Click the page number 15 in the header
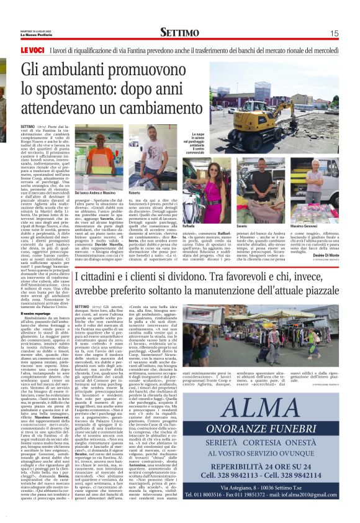point(334,33)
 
